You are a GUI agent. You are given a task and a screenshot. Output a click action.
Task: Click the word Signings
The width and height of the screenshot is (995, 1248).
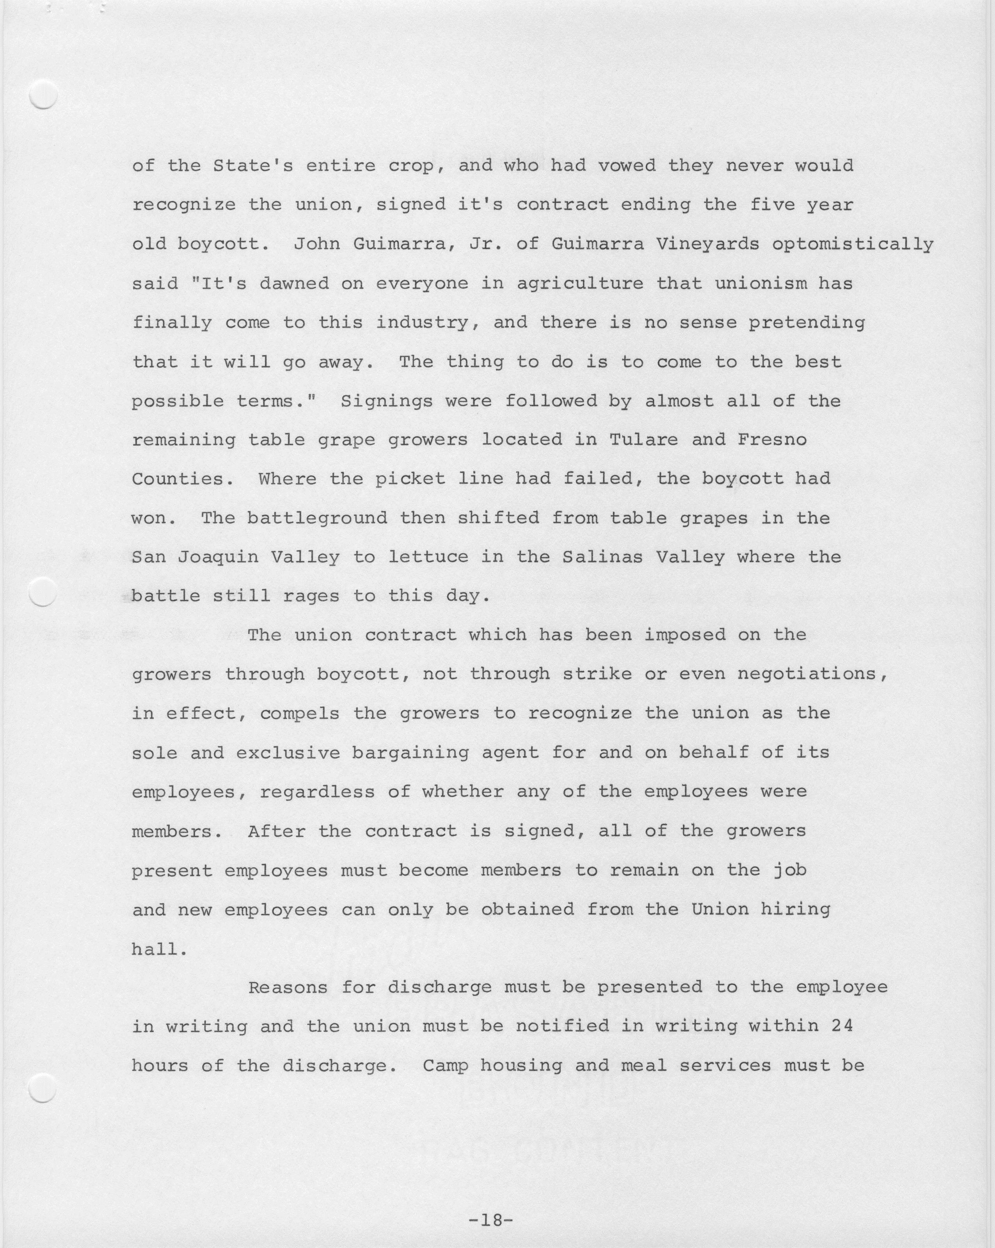tap(387, 401)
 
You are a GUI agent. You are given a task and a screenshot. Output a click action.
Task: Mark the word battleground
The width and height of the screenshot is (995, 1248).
tap(317, 518)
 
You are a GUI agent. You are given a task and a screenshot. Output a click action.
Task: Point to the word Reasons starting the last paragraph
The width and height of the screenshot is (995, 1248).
tap(288, 987)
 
